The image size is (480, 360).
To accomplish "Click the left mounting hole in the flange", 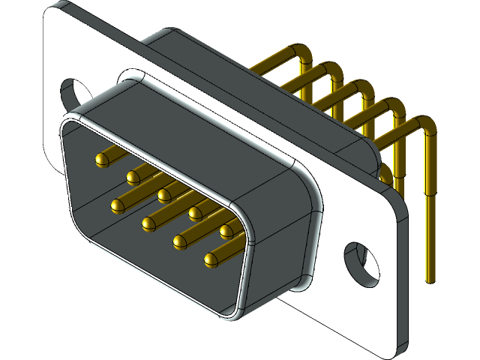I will pyautogui.click(x=73, y=93).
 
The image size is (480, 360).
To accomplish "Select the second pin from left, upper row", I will pyautogui.click(x=133, y=177).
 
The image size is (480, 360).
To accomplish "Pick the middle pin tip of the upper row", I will pyautogui.click(x=164, y=195).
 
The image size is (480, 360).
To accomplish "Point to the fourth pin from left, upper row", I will pyautogui.click(x=195, y=213).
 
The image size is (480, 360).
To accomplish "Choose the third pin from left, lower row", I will pyautogui.click(x=179, y=241).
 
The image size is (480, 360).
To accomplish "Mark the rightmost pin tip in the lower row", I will pyautogui.click(x=210, y=259).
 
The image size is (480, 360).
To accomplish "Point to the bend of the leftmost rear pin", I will pyautogui.click(x=304, y=52).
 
